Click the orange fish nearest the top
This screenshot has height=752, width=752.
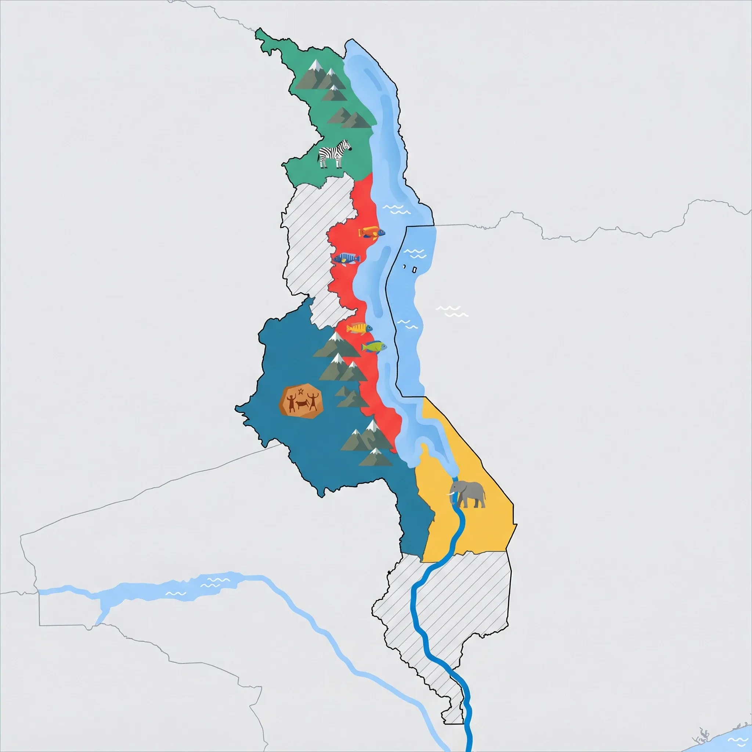click(371, 232)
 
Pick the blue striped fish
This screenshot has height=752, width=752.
click(346, 258)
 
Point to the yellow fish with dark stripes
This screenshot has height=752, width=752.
click(359, 329)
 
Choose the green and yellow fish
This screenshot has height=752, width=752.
click(374, 346)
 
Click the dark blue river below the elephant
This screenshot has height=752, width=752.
click(452, 545)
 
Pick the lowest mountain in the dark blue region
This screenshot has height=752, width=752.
click(376, 458)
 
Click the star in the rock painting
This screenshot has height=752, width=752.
click(300, 390)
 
